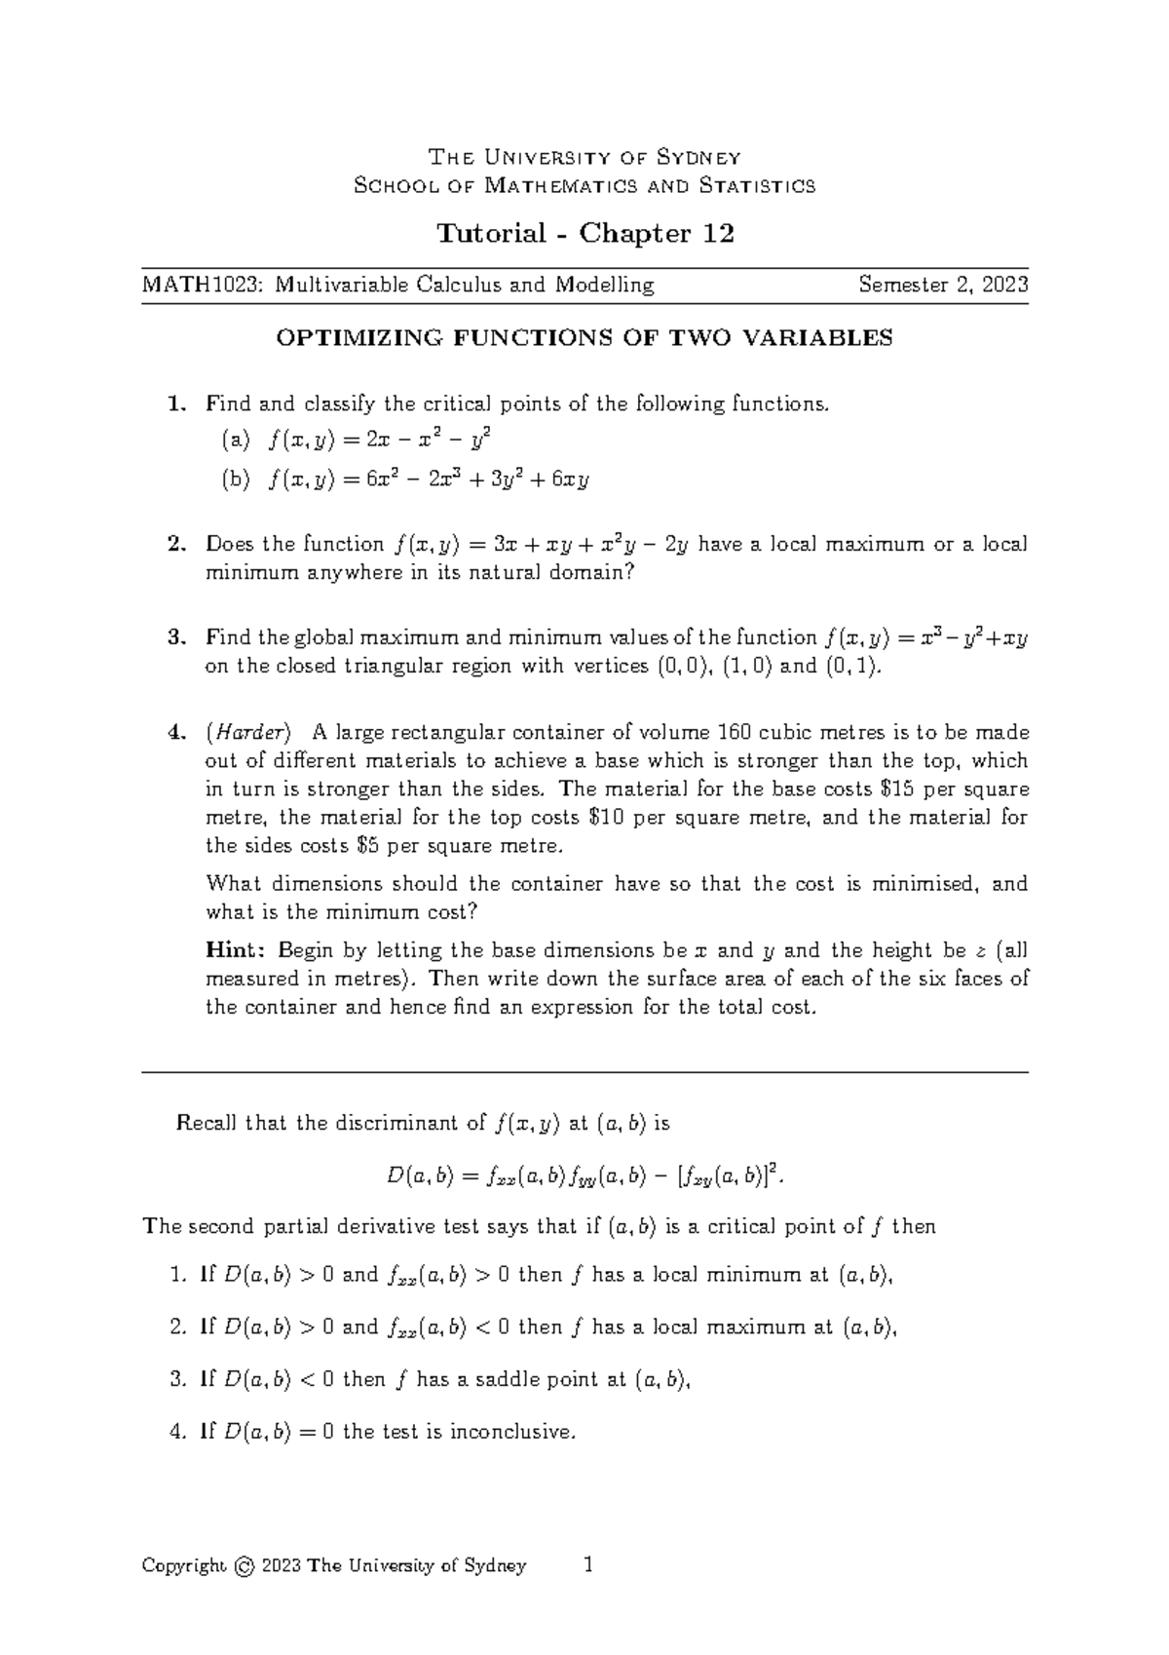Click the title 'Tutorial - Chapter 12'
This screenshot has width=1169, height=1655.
584,234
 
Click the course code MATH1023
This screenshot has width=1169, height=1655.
202,286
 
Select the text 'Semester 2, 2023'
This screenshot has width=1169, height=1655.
942,286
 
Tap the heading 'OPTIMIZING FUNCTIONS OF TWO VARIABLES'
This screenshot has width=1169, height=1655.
584,338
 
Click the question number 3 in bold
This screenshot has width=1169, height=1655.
175,638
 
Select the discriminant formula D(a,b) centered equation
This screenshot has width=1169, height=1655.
584,1176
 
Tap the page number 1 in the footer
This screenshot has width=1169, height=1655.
586,1565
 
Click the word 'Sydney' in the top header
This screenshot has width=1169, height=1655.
699,158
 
